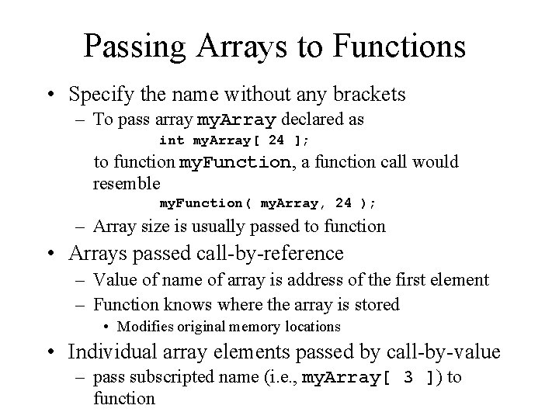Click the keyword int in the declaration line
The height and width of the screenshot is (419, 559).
click(x=172, y=140)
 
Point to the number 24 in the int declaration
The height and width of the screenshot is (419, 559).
click(x=278, y=140)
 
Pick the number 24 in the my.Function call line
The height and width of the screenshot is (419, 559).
click(x=343, y=203)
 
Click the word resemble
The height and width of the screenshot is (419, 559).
click(x=127, y=184)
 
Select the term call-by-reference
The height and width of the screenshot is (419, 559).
click(x=271, y=253)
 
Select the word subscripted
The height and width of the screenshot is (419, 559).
click(x=170, y=378)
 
